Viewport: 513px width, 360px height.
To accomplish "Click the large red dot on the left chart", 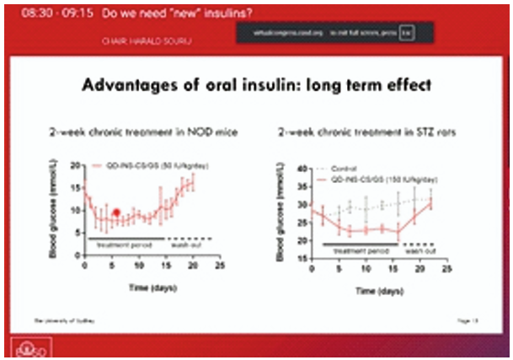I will coord(116,213).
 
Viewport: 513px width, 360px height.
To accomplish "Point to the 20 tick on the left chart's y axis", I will coord(74,165).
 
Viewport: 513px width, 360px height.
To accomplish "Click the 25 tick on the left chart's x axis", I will coord(221,267).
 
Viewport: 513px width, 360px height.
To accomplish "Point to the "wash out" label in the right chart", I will coord(418,251).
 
